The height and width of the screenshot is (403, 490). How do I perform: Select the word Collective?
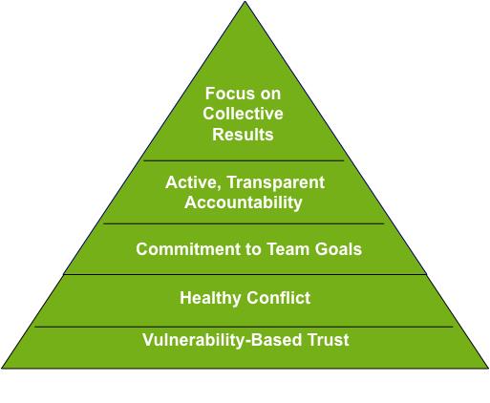point(243,114)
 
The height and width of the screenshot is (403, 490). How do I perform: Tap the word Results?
point(243,134)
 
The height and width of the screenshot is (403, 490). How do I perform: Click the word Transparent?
point(276,182)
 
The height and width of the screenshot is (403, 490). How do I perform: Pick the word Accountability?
point(244,202)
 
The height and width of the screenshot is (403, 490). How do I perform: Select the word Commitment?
point(188,249)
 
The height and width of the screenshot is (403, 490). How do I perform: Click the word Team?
point(288,249)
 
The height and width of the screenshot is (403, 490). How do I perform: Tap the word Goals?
point(338,249)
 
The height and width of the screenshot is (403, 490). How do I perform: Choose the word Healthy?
point(210,298)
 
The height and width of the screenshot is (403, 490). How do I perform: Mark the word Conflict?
point(278,298)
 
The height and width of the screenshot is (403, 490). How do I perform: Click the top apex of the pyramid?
point(245,1)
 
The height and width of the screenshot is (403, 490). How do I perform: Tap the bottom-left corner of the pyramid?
point(2,369)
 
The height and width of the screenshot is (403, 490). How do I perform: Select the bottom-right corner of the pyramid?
point(488,369)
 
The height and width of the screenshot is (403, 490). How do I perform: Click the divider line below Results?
point(244,160)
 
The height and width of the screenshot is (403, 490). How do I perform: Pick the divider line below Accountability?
point(244,223)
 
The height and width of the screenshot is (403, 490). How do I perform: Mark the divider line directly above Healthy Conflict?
point(245,274)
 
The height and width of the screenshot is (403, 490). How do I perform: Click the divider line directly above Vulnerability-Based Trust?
point(244,327)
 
